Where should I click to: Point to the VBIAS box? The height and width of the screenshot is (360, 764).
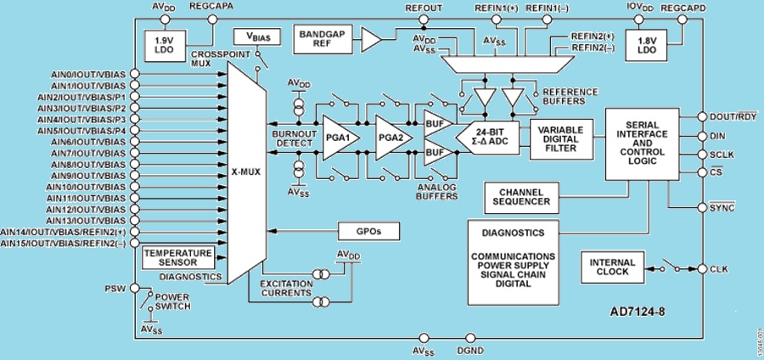[252, 37]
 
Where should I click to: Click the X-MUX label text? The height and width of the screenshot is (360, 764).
[245, 170]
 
